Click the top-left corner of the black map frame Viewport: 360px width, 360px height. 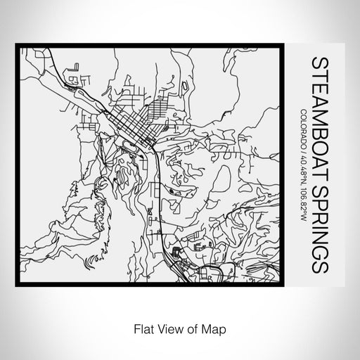pyautogui.click(x=18, y=48)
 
